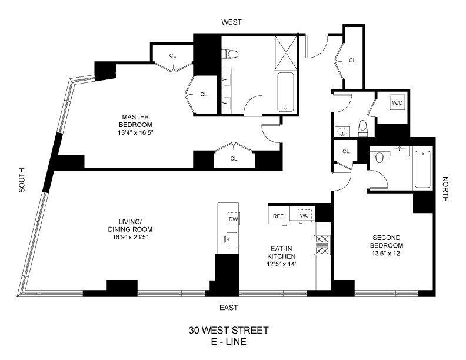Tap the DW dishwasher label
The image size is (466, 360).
click(x=233, y=219)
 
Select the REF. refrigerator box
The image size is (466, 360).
click(x=279, y=216)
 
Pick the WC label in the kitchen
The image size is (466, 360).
click(x=305, y=215)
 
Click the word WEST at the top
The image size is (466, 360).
click(x=231, y=22)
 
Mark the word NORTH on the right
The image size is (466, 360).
click(x=445, y=189)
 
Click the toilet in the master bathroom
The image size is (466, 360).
click(x=231, y=55)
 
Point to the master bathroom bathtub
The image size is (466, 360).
click(x=288, y=91)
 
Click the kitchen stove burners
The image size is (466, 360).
click(x=323, y=245)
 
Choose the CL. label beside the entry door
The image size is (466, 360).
click(x=352, y=60)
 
